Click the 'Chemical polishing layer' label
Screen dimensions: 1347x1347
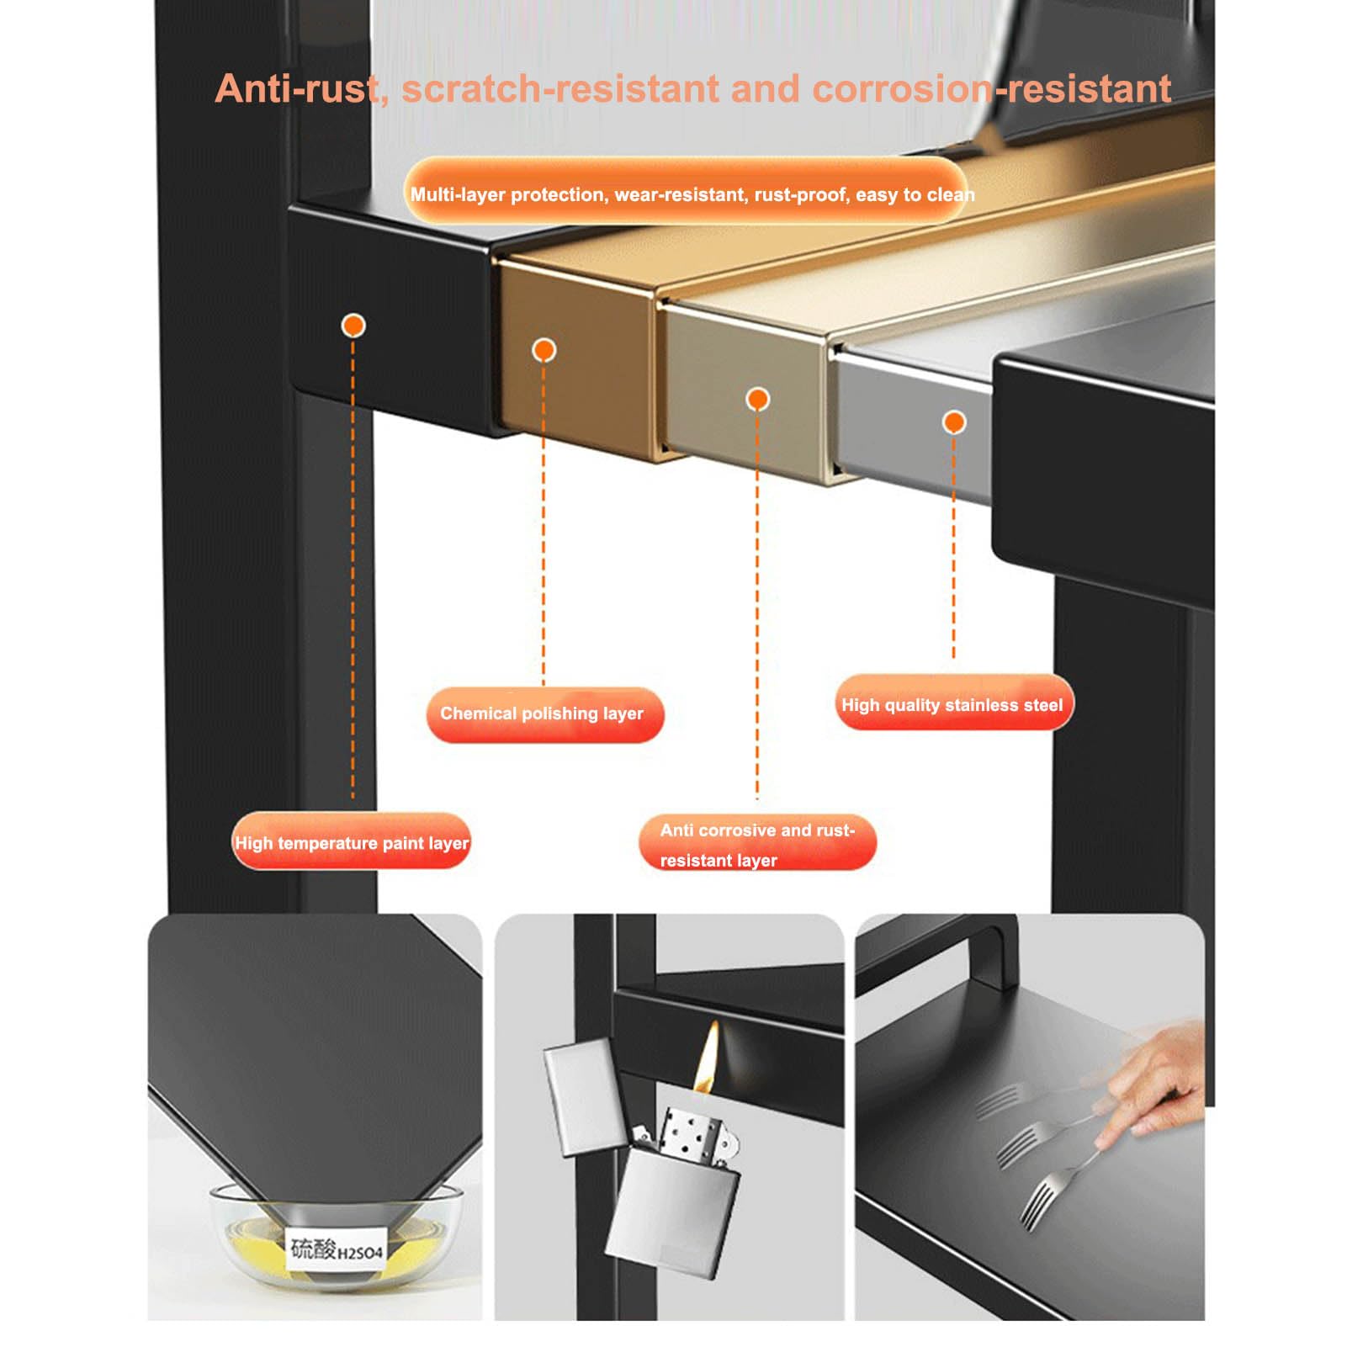pyautogui.click(x=545, y=714)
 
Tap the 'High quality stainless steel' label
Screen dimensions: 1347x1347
pyautogui.click(x=953, y=704)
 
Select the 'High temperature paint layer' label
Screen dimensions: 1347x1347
pyautogui.click(x=352, y=842)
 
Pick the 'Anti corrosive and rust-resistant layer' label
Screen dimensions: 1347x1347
pyautogui.click(x=757, y=844)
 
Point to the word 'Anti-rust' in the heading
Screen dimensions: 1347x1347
pyautogui.click(x=296, y=89)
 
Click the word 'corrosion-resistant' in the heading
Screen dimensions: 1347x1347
pyautogui.click(x=992, y=89)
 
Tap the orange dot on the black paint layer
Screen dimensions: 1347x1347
pyautogui.click(x=353, y=326)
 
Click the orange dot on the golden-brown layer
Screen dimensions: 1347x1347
pyautogui.click(x=544, y=350)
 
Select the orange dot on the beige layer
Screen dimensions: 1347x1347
pyautogui.click(x=758, y=399)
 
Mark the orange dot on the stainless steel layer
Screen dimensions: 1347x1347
pyautogui.click(x=954, y=422)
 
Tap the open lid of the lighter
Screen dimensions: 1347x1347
pyautogui.click(x=583, y=1095)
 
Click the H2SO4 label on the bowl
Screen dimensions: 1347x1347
pyautogui.click(x=337, y=1249)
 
